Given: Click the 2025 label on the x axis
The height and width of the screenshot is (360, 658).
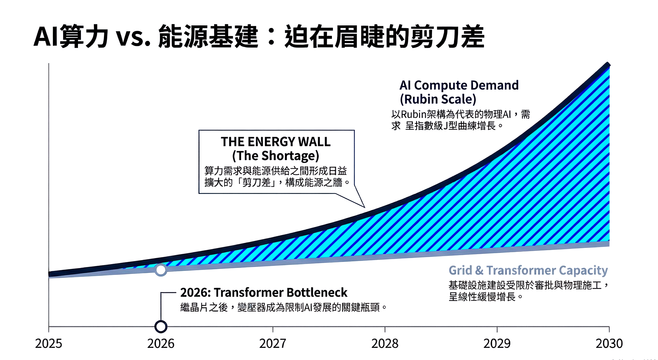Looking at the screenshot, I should click(48, 344).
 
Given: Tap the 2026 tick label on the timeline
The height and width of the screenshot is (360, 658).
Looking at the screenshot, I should click(161, 344).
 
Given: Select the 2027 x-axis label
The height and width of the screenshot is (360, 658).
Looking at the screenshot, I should click(272, 344).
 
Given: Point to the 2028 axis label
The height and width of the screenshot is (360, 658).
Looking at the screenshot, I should click(385, 344).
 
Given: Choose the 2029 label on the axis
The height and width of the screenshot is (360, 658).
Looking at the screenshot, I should click(497, 344).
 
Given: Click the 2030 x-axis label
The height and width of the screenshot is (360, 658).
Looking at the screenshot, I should click(609, 344).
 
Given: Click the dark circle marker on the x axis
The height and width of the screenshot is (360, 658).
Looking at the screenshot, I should click(161, 326).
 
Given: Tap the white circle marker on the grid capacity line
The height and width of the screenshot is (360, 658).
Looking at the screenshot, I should click(161, 270).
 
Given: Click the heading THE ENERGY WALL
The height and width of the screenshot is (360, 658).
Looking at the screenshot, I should click(276, 142).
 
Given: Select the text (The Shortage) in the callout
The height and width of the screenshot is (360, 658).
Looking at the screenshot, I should click(276, 156).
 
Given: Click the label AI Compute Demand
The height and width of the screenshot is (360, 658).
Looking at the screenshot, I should click(459, 85).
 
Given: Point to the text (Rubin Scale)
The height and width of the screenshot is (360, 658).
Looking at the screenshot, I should click(438, 99).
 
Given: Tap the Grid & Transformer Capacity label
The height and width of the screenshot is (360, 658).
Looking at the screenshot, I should click(528, 270).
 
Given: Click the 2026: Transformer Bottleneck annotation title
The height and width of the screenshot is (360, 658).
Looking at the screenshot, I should click(264, 292).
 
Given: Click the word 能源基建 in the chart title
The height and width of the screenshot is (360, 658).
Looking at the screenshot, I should click(208, 36).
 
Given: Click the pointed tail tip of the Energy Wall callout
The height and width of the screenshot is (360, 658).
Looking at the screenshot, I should click(365, 207).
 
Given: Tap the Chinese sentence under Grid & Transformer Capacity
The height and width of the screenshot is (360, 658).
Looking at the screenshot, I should click(528, 291).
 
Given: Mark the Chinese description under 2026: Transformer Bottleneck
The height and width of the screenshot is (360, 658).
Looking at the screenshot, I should click(284, 307).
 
